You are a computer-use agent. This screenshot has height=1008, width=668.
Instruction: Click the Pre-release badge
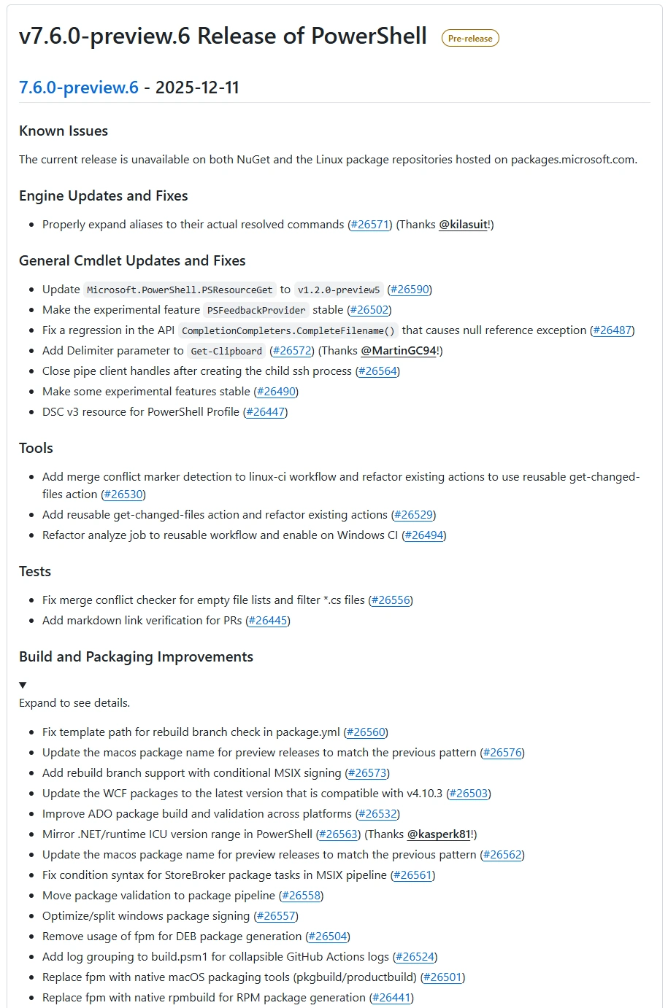point(470,39)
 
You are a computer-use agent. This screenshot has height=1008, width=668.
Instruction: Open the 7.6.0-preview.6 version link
point(79,88)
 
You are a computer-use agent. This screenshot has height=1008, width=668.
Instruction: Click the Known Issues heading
point(64,131)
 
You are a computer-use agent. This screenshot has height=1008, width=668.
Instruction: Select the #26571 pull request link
point(369,225)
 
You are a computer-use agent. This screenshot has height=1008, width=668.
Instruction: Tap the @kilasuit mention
point(464,225)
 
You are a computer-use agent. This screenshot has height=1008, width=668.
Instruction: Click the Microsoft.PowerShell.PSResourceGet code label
point(180,290)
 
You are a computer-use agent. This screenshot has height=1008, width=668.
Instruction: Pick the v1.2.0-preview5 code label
point(339,290)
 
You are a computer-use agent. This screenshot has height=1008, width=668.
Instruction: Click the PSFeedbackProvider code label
point(256,310)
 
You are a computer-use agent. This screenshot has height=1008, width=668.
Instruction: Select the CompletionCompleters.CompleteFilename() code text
point(288,330)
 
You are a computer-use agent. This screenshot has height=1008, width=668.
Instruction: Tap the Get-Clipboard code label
point(226,351)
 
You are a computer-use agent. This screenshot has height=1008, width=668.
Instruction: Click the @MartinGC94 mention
point(399,351)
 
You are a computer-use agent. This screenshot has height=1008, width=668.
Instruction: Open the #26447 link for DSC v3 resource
point(265,412)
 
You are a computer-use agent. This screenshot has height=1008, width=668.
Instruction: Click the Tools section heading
point(36,449)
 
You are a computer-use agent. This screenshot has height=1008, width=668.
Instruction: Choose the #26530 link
point(123,495)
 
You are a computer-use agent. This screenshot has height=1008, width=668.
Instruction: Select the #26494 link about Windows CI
point(424,535)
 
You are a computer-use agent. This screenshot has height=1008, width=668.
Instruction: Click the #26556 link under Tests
point(391,600)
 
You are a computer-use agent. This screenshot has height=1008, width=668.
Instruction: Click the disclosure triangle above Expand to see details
point(23,685)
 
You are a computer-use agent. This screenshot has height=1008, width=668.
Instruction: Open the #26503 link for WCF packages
point(468,794)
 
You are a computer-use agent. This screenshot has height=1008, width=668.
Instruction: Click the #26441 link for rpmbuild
point(391,998)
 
